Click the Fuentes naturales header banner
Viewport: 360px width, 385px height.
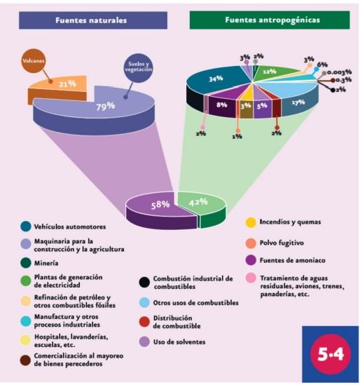point(93,20)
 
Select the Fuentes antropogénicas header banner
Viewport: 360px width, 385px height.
point(270,20)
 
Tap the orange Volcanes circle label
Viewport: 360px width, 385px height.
point(34,61)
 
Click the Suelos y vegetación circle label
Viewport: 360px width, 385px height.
point(139,67)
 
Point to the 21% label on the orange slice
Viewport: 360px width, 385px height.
point(67,84)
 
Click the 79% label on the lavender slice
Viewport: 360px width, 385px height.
point(106,107)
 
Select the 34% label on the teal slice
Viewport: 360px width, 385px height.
point(216,79)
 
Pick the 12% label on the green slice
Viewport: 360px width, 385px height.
point(270,72)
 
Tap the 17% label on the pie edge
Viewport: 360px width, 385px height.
point(298,102)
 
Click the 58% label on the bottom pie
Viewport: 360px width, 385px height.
point(160,205)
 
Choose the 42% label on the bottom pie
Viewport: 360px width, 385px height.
point(198,203)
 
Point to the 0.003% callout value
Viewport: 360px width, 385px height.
point(340,72)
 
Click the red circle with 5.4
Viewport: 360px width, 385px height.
point(331,354)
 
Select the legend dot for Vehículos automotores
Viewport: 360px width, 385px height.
point(26,227)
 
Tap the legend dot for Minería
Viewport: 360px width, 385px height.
point(25,263)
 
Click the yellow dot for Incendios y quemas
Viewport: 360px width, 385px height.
point(251,222)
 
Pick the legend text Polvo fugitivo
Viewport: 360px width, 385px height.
point(282,243)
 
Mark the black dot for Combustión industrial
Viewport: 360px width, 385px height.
point(144,282)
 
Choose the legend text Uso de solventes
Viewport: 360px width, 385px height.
point(179,342)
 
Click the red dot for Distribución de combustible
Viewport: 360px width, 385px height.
point(144,322)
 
